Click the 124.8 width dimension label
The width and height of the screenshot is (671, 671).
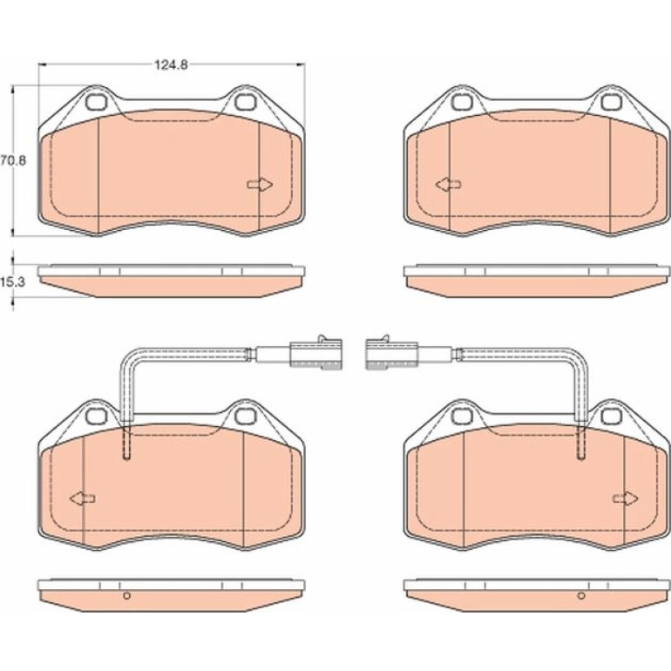click(171, 65)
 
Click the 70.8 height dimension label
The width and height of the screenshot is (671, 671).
click(13, 160)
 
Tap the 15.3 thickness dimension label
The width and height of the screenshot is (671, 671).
click(13, 282)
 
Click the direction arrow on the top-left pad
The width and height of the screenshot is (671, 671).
click(261, 185)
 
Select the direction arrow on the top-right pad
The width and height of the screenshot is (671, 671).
click(448, 185)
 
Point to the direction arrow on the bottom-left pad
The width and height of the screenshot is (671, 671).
click(82, 498)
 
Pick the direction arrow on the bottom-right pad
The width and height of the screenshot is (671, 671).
click(626, 498)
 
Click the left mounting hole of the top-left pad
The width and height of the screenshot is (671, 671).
click(96, 102)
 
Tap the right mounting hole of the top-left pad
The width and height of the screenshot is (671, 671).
click(244, 102)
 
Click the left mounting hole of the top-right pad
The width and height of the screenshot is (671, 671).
click(461, 102)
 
